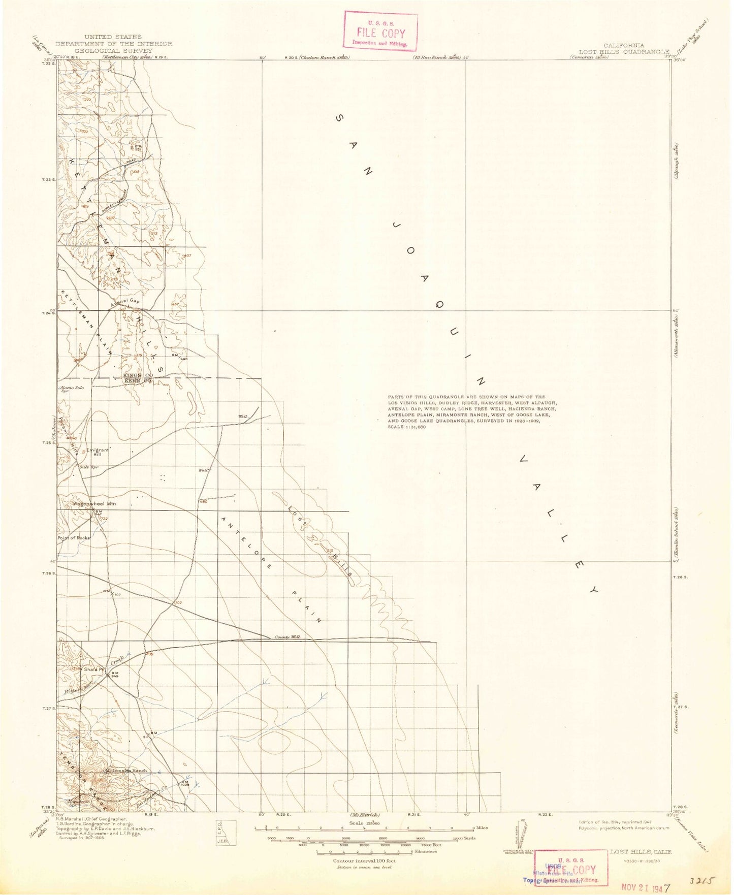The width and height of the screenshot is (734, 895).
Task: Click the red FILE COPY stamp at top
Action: pyautogui.click(x=380, y=32)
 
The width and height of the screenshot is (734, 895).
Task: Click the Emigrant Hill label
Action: pyautogui.click(x=98, y=452)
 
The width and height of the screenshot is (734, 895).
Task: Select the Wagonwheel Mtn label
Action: pyautogui.click(x=94, y=503)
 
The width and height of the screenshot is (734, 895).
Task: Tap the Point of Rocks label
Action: pyautogui.click(x=74, y=537)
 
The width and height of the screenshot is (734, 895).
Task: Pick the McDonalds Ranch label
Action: pyautogui.click(x=125, y=771)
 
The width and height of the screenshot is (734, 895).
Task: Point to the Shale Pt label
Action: pyautogui.click(x=95, y=669)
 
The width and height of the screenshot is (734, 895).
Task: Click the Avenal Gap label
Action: pyautogui.click(x=125, y=301)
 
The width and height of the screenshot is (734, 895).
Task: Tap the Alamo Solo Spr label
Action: pyautogui.click(x=71, y=389)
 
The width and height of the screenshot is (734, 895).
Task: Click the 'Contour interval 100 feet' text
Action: pyautogui.click(x=364, y=860)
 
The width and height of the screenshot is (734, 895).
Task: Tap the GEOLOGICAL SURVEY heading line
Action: pyautogui.click(x=113, y=51)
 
